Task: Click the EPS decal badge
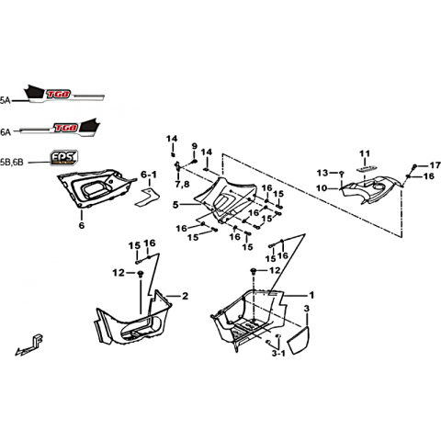pyautogui.click(x=63, y=158)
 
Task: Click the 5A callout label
pyautogui.click(x=5, y=100)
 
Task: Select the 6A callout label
pyautogui.click(x=6, y=132)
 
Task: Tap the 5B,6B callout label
pyautogui.click(x=12, y=163)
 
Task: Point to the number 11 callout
pyautogui.click(x=365, y=153)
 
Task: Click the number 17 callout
pyautogui.click(x=435, y=165)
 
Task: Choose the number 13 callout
pyautogui.click(x=322, y=173)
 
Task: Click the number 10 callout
pyautogui.click(x=322, y=188)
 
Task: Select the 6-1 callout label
pyautogui.click(x=149, y=175)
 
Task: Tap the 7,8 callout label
pyautogui.click(x=183, y=185)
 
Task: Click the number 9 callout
pyautogui.click(x=195, y=146)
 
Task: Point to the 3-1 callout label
pyautogui.click(x=278, y=354)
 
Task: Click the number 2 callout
pyautogui.click(x=185, y=296)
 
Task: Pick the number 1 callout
pyautogui.click(x=311, y=296)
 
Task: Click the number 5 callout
pyautogui.click(x=175, y=205)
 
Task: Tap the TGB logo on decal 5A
pyautogui.click(x=59, y=94)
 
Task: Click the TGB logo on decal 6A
pyautogui.click(x=65, y=128)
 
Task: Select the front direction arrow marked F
pyautogui.click(x=29, y=345)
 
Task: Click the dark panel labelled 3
pyautogui.click(x=299, y=340)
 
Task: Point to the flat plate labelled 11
pyautogui.click(x=367, y=168)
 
